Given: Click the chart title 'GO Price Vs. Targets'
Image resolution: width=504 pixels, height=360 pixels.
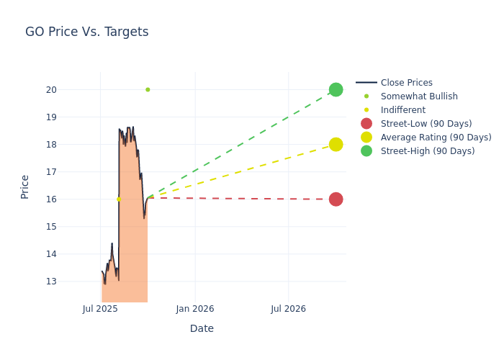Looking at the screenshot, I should tap(86, 32).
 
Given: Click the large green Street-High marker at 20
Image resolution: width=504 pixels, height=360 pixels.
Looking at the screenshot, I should tap(336, 89).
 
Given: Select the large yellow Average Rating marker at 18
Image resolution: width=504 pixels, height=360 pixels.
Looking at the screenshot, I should tap(336, 144).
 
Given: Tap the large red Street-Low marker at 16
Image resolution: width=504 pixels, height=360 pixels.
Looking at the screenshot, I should tap(336, 199).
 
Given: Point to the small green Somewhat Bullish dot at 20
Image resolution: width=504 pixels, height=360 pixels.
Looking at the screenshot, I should tap(148, 89).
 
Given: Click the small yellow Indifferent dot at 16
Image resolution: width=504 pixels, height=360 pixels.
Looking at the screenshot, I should tap(119, 199).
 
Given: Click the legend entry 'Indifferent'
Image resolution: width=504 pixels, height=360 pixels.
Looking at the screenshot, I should tap(402, 110).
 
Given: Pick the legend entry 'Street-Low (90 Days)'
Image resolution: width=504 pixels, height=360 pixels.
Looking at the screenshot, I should tap(426, 124).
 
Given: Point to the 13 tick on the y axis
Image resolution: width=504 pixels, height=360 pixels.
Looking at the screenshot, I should tap(72, 281).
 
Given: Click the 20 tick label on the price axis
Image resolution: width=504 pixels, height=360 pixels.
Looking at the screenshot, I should tap(72, 89).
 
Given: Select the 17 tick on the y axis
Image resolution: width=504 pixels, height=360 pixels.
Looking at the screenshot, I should tap(72, 171).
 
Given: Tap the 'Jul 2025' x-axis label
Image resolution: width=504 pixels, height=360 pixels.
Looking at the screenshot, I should tap(100, 309).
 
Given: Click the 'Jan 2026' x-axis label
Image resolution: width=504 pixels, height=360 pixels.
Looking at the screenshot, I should tap(194, 309).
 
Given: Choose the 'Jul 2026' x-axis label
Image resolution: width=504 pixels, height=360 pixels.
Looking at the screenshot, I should tap(288, 309).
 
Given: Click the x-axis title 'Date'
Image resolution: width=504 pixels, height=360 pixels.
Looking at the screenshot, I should tap(202, 328).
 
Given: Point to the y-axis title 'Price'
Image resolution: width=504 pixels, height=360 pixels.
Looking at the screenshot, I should tap(25, 186).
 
